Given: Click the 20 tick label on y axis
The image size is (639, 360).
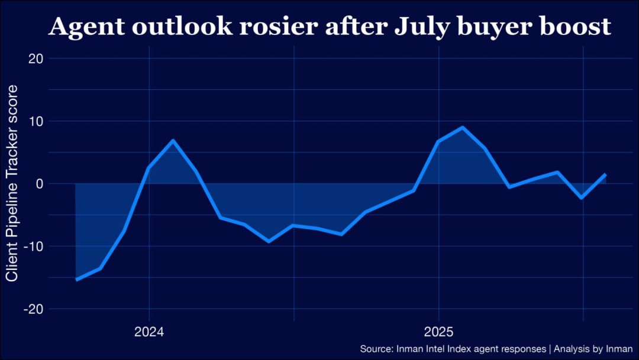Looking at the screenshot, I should (x=36, y=58).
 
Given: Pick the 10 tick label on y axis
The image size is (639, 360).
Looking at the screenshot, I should (x=36, y=121).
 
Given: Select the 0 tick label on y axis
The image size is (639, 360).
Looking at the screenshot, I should (x=40, y=184).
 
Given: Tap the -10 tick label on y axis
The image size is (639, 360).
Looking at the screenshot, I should (x=34, y=246).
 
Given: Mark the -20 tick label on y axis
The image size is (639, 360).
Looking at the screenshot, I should (x=34, y=309).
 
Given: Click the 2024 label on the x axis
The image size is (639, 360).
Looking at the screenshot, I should (x=149, y=331).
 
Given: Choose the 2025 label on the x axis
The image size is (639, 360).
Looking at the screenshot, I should (x=438, y=331).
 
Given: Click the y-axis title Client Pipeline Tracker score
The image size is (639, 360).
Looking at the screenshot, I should (x=12, y=184).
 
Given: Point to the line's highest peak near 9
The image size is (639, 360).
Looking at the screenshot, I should (x=462, y=127).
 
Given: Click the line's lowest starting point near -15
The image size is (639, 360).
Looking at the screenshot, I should (x=76, y=279).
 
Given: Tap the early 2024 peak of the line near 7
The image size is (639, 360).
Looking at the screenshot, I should (x=173, y=140).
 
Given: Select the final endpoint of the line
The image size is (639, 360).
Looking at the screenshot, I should (x=605, y=175).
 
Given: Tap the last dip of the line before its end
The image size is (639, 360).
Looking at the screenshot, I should (x=582, y=198).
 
